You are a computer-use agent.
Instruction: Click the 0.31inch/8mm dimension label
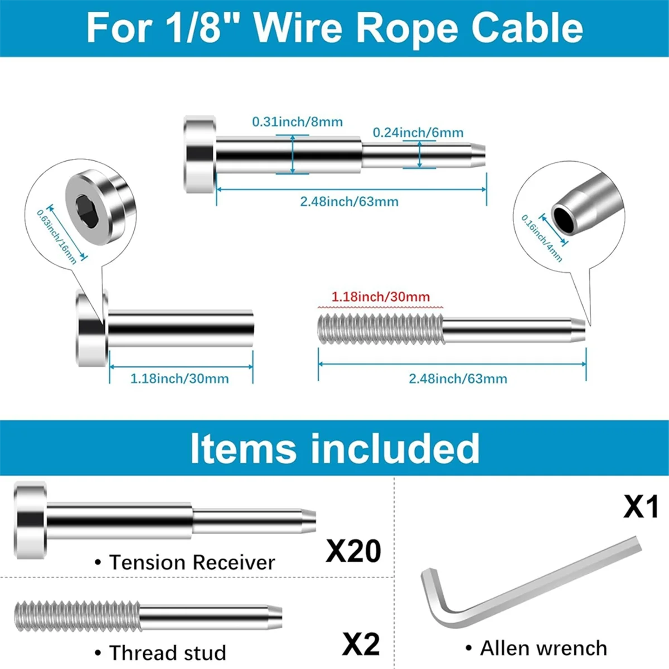pos(297,122)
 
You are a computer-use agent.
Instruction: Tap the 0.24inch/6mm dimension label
pos(418,133)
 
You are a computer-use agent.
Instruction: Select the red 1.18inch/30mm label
pos(381,297)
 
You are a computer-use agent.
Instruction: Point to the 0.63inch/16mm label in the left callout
pos(57,236)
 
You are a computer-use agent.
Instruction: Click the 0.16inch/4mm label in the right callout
pos(542,238)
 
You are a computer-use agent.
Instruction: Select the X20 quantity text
pos(353,551)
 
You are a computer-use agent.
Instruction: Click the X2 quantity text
pos(361,644)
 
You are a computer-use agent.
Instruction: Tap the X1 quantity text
pos(641,507)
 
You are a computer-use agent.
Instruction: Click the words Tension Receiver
pos(192,563)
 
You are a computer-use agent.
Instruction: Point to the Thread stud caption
pos(167,652)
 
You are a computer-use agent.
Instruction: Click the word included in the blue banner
pos(395,448)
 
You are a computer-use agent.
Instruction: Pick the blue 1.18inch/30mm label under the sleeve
pos(180,379)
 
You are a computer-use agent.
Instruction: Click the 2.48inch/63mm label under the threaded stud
pos(458,379)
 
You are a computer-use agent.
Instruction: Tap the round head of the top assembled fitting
pos(199,155)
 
